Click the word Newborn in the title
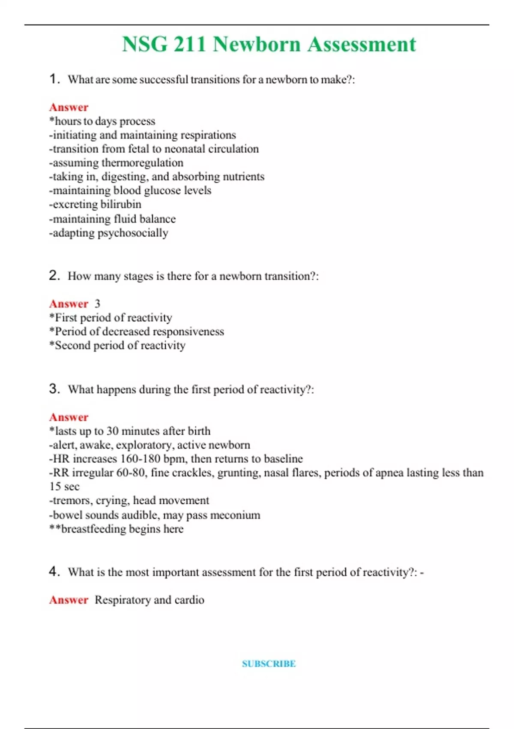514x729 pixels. [x=257, y=45]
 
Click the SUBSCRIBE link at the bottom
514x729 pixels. [x=269, y=664]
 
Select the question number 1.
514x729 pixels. [x=54, y=79]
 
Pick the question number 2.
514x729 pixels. [x=54, y=275]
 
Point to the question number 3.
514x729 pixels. [x=54, y=389]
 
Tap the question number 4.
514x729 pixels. [x=54, y=572]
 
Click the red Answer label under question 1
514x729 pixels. [x=69, y=107]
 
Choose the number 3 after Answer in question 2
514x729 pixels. [x=97, y=304]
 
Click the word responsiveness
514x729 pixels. [x=188, y=331]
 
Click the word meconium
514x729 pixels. [x=237, y=515]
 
